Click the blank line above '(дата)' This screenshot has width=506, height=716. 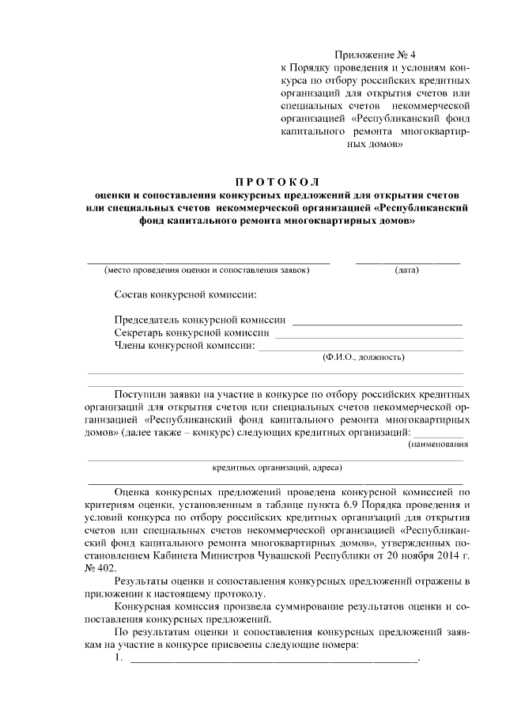point(407,261)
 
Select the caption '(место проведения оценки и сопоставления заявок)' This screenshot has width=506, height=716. point(207,271)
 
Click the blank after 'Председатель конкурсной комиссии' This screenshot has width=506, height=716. point(377,324)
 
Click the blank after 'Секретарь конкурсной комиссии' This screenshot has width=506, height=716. point(368,335)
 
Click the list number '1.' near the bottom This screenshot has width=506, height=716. point(119,659)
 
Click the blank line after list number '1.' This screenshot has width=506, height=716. point(273,661)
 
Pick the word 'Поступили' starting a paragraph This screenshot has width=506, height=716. point(142,393)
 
